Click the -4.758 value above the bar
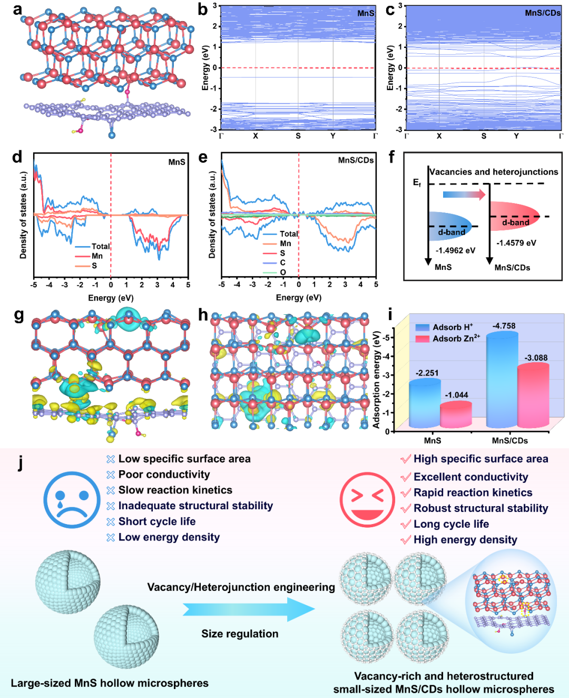(504, 326)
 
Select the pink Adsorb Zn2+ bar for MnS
(456, 414)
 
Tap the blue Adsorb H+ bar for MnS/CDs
(502, 379)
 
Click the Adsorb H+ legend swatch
(422, 327)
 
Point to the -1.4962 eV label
(455, 250)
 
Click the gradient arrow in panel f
(464, 195)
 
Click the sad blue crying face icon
(72, 500)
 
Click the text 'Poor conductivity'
(164, 474)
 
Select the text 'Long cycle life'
(451, 524)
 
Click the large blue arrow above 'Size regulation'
(249, 609)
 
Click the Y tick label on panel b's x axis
(333, 135)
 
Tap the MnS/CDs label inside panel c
(543, 13)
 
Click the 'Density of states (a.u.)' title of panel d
(23, 215)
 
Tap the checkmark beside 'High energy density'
(406, 540)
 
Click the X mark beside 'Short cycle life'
(111, 521)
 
